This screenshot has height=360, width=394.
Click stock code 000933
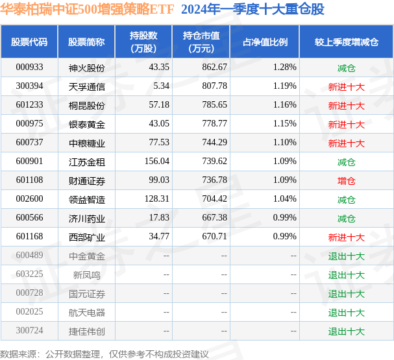29,67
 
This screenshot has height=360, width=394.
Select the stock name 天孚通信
86,86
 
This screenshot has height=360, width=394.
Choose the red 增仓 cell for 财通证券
346,180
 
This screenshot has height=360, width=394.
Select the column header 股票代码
29,42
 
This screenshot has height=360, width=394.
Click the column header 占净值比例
265,42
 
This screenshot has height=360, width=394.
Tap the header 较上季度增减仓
346,42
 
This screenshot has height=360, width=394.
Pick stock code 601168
29,237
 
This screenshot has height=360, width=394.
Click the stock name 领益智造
86,199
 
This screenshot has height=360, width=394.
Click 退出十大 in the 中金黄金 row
346,256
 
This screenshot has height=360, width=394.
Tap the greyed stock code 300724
29,331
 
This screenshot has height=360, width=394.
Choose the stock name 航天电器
86,312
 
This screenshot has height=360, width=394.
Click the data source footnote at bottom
105,354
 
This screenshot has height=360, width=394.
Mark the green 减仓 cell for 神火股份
346,67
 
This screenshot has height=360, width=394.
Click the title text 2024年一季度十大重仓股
252,10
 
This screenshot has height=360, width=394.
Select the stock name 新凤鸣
86,274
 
